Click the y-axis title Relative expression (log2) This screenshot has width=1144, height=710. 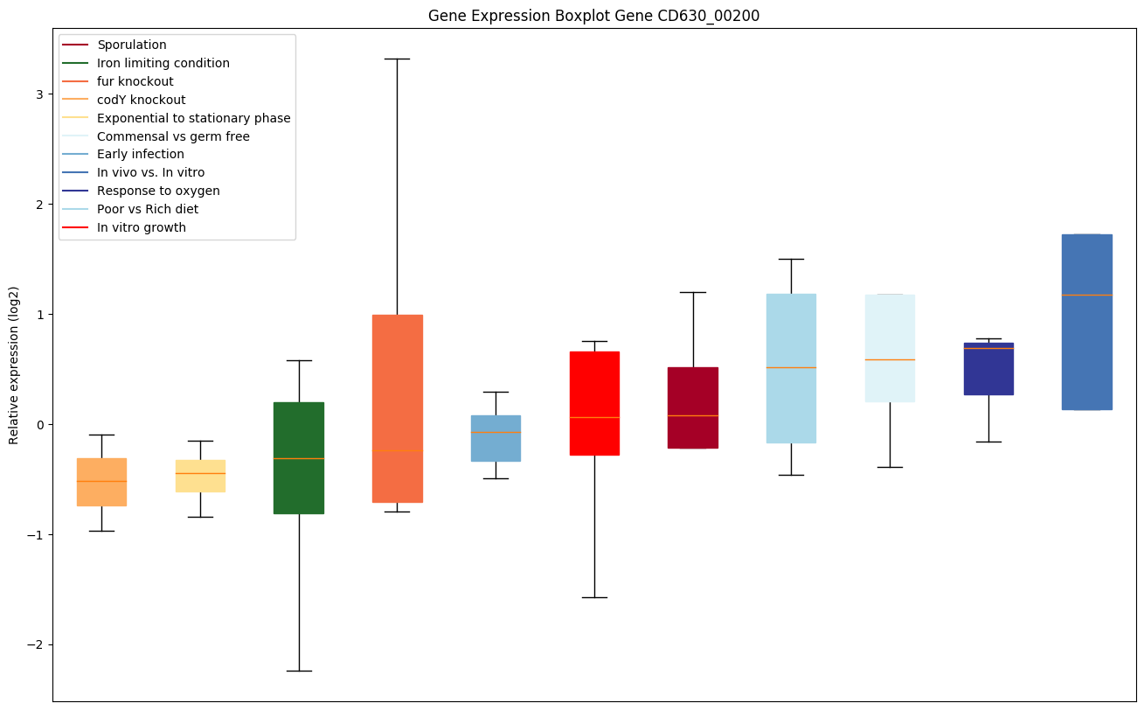click(x=14, y=365)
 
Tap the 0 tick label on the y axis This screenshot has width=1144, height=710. click(x=43, y=425)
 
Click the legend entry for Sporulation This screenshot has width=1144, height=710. click(x=132, y=45)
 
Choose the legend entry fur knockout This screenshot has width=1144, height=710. click(x=135, y=81)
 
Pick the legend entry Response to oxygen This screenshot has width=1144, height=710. click(x=158, y=191)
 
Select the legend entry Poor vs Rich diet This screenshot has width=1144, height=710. click(x=148, y=209)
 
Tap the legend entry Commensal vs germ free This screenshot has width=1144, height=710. click(x=173, y=136)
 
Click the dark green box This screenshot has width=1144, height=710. click(x=299, y=457)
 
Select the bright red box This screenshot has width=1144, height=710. click(x=594, y=403)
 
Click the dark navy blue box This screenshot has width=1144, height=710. click(x=988, y=369)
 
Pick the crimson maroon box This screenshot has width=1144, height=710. click(x=693, y=407)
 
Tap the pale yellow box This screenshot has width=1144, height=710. click(x=200, y=476)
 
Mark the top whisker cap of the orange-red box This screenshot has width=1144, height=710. click(x=397, y=59)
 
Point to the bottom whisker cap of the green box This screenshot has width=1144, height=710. click(x=299, y=671)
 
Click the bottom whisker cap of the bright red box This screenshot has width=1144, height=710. click(x=594, y=597)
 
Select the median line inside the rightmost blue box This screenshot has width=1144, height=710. click(x=1086, y=295)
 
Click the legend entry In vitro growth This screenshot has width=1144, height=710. click(x=142, y=227)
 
